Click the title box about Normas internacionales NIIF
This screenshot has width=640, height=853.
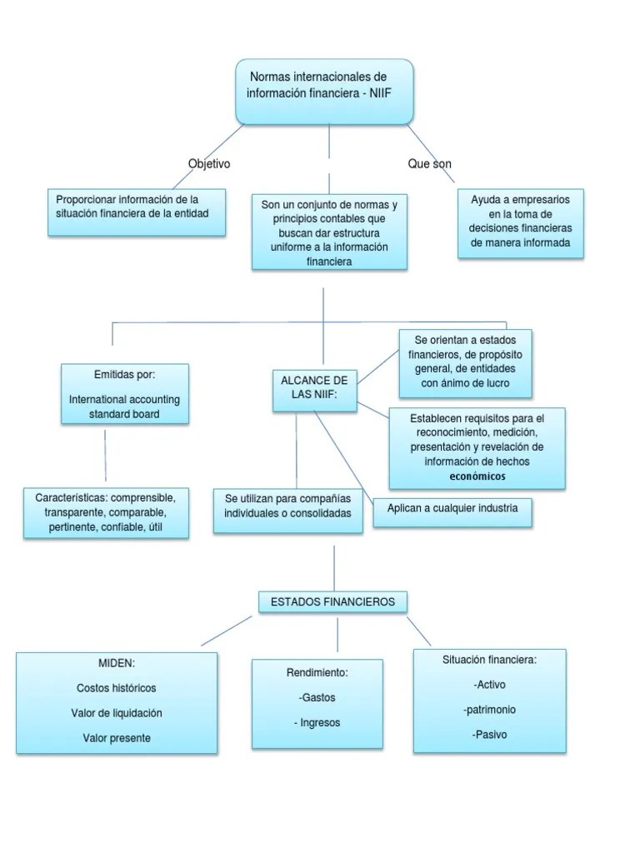click(324, 92)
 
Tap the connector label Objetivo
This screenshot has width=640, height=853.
click(209, 164)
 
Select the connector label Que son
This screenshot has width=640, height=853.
click(429, 164)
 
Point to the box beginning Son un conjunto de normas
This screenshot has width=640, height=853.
click(329, 232)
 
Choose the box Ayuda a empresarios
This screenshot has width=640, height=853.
click(520, 222)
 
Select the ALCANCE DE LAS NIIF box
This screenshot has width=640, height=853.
click(315, 388)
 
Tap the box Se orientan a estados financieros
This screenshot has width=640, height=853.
click(464, 362)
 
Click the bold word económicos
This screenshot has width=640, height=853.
click(477, 476)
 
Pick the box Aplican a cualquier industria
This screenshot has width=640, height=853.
click(452, 508)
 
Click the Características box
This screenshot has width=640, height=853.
click(106, 512)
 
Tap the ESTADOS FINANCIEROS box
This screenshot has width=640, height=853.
click(332, 601)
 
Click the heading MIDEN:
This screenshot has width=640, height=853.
click(117, 663)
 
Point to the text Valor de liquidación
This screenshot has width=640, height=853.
click(117, 713)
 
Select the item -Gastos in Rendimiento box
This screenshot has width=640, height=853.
click(317, 697)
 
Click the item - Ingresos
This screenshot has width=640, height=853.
click(317, 722)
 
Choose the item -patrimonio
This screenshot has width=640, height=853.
click(489, 710)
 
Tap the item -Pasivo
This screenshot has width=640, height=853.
click(489, 735)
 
